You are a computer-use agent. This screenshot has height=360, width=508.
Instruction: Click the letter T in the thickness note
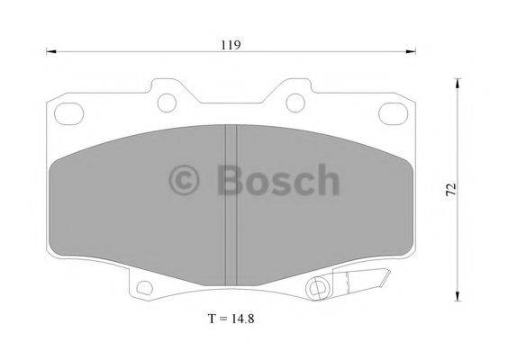coord(211,318)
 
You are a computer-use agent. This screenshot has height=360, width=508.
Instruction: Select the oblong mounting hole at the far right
coord(393,114)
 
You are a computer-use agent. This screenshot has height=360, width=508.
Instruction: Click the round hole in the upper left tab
coord(168,102)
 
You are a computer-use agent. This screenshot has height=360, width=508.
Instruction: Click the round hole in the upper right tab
coord(294,102)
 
